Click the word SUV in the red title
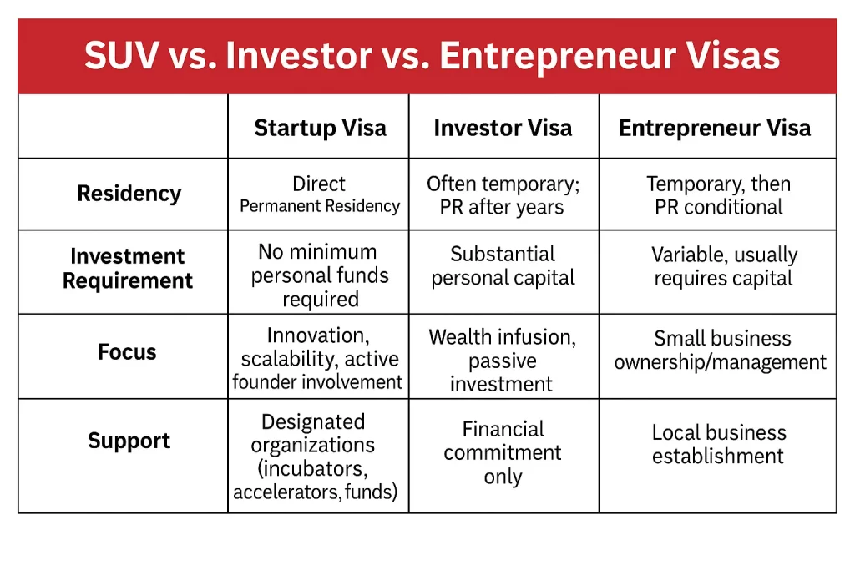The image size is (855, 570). (x=122, y=56)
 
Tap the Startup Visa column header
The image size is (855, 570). (x=320, y=128)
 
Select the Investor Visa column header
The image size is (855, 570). (x=503, y=128)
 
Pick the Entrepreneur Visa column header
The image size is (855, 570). (x=715, y=128)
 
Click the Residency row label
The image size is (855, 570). (x=129, y=194)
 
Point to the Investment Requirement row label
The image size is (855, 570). (x=128, y=268)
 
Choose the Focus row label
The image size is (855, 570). (x=127, y=352)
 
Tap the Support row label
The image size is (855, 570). (x=129, y=441)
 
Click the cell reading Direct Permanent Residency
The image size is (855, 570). (x=320, y=194)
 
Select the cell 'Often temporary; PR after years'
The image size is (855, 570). (x=503, y=195)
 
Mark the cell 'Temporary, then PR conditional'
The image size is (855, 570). (x=719, y=195)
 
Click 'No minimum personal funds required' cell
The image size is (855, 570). (x=320, y=275)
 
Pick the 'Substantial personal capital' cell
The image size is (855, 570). (x=503, y=266)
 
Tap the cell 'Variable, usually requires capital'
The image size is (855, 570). (x=724, y=266)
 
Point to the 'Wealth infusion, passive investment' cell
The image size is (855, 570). (x=502, y=361)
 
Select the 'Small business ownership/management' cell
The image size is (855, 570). (x=721, y=351)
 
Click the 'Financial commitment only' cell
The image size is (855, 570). (x=503, y=453)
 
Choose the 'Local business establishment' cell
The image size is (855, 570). (x=719, y=444)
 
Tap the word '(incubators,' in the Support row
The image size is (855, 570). (x=312, y=469)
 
